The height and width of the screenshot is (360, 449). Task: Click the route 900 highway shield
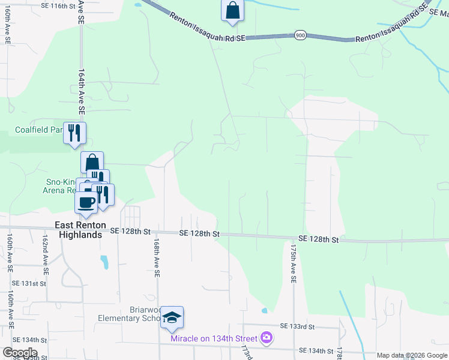pos(300,36)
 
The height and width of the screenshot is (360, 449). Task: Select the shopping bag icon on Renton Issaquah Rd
pos(232,11)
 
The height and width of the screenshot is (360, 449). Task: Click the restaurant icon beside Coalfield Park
pos(74,133)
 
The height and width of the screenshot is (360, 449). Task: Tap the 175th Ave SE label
pos(294,263)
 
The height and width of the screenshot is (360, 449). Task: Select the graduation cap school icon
pos(172,317)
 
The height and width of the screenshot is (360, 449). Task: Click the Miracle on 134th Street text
pos(214,339)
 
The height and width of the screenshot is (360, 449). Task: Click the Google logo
pos(19,353)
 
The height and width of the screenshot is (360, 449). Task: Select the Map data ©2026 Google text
pos(412,355)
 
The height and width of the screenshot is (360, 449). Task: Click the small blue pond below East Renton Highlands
pos(105,262)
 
